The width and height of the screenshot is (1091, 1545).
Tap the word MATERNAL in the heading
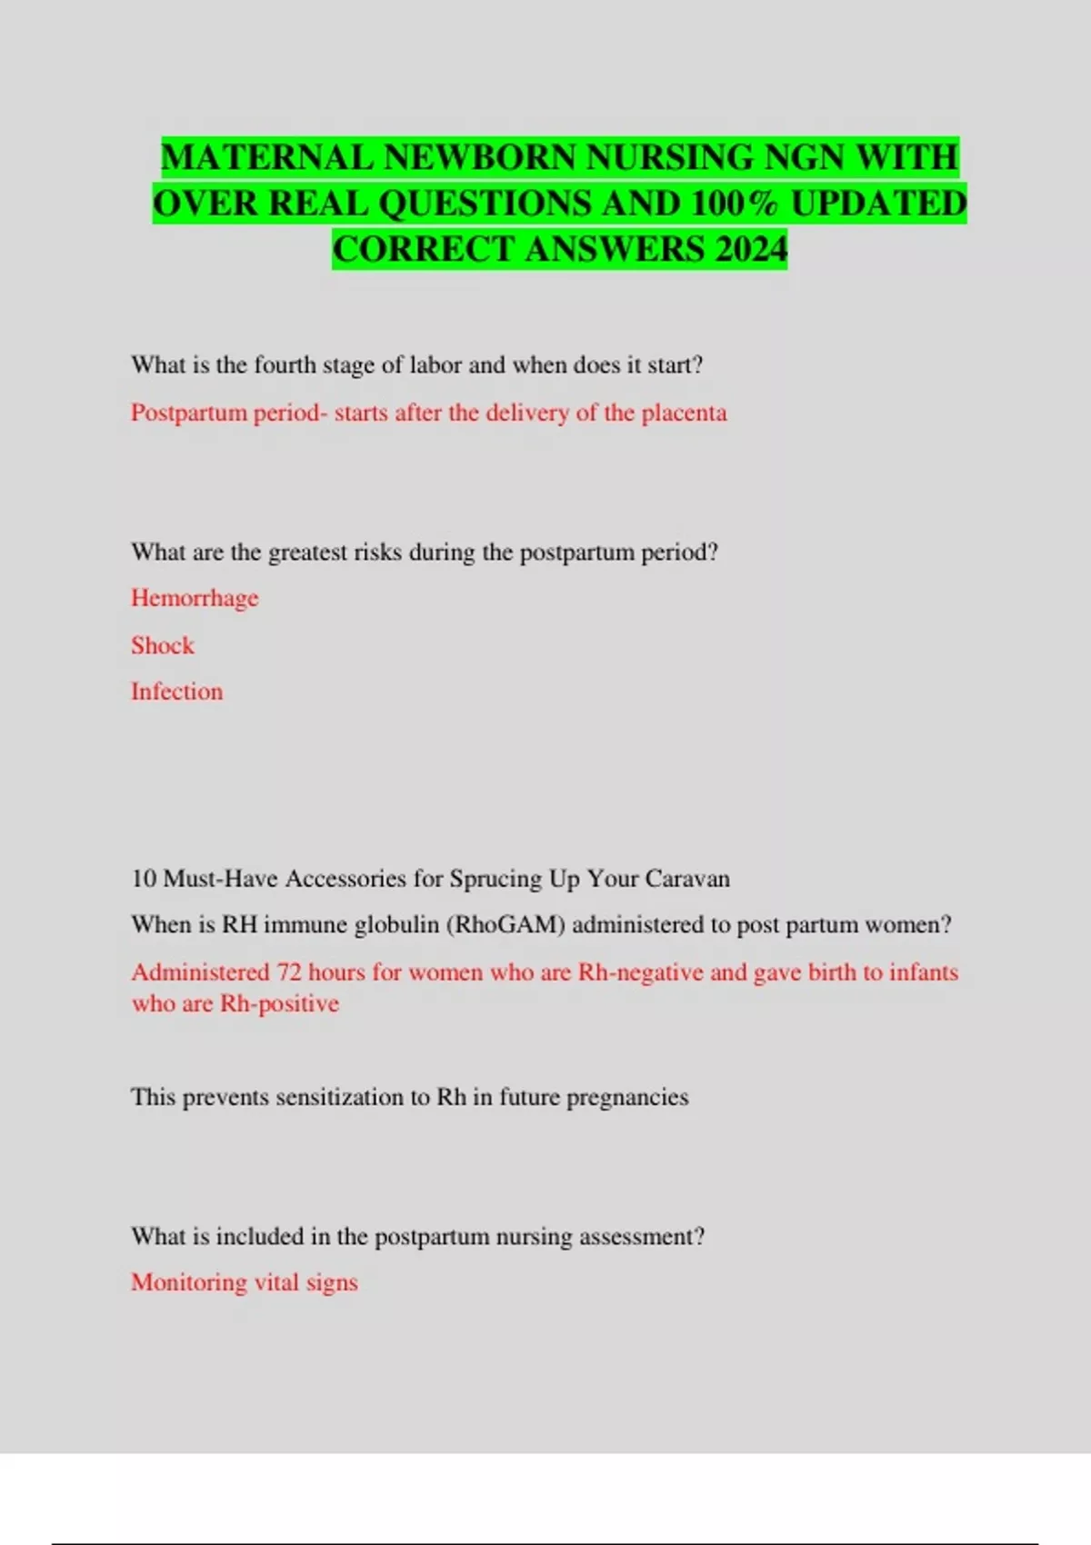click(267, 157)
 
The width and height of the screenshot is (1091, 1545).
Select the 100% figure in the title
click(733, 203)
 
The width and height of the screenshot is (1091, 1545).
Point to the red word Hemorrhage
click(195, 598)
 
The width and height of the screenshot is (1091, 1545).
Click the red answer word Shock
click(163, 645)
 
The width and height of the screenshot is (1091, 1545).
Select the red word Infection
click(176, 692)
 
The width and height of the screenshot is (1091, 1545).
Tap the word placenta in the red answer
click(684, 413)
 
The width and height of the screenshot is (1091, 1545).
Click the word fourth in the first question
click(285, 365)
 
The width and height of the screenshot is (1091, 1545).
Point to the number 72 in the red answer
click(289, 972)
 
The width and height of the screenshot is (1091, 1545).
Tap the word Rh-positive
click(280, 1004)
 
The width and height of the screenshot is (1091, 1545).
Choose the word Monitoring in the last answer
click(189, 1282)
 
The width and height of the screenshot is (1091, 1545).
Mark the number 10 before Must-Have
click(144, 879)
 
